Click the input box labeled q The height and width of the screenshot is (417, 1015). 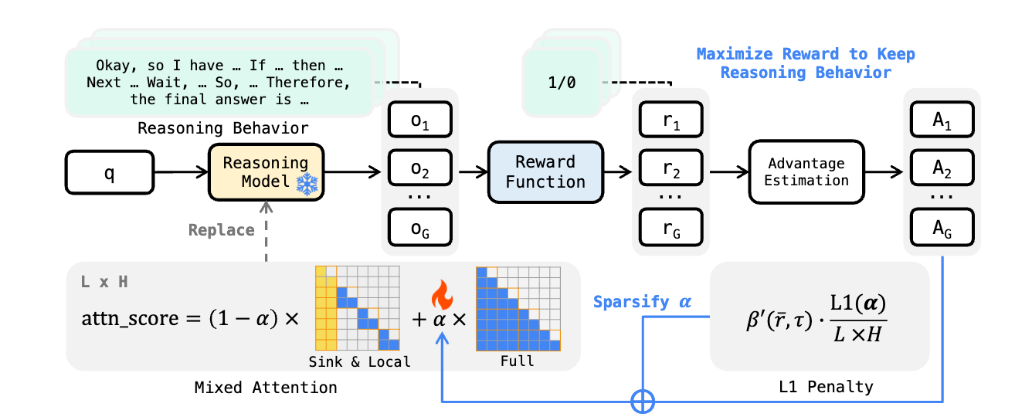pyautogui.click(x=109, y=173)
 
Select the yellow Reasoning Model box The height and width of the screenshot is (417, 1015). pyautogui.click(x=265, y=171)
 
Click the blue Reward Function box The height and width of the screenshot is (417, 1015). pyautogui.click(x=545, y=171)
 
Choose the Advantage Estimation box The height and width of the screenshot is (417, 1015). pyautogui.click(x=806, y=171)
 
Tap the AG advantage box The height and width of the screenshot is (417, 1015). pyautogui.click(x=942, y=229)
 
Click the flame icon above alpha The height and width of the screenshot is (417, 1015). pyautogui.click(x=441, y=295)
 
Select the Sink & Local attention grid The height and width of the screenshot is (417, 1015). pyautogui.click(x=357, y=307)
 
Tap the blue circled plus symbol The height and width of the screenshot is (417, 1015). pyautogui.click(x=643, y=402)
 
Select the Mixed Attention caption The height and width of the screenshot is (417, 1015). pyautogui.click(x=266, y=388)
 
